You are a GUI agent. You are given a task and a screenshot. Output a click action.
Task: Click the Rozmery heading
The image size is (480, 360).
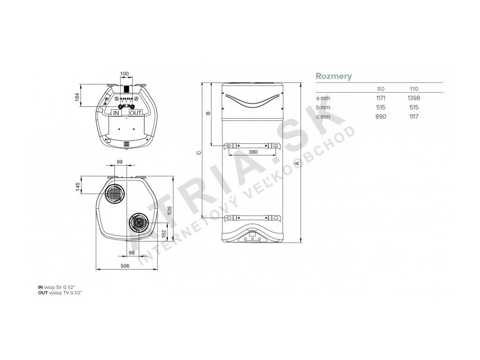click(x=334, y=76)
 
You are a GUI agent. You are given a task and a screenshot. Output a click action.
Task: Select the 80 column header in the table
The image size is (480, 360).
click(x=381, y=89)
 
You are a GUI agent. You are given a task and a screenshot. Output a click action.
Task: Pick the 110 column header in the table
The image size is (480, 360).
click(x=414, y=89)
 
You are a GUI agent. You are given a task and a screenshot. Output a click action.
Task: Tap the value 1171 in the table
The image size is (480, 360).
click(x=381, y=98)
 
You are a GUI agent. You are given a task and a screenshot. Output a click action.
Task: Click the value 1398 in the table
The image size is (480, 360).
click(x=414, y=98)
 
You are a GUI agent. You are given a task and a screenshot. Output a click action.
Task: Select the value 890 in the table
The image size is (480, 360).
click(x=381, y=116)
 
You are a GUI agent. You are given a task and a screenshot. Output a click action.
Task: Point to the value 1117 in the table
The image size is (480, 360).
click(x=414, y=116)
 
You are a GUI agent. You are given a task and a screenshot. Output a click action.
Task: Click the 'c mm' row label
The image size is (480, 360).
click(x=323, y=116)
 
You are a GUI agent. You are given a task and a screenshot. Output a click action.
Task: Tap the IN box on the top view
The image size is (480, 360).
click(x=116, y=113)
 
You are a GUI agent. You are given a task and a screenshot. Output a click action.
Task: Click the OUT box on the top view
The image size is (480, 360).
click(x=135, y=113)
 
